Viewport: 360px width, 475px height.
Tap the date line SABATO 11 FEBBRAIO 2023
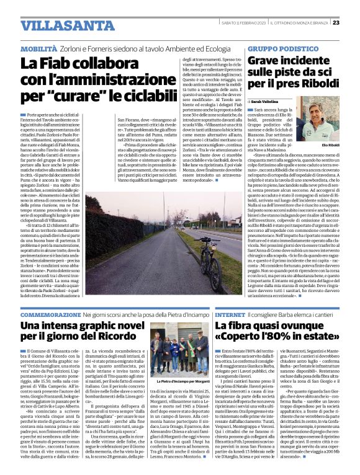click(x=243, y=23)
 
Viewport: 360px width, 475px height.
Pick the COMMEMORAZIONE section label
click(x=50, y=315)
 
